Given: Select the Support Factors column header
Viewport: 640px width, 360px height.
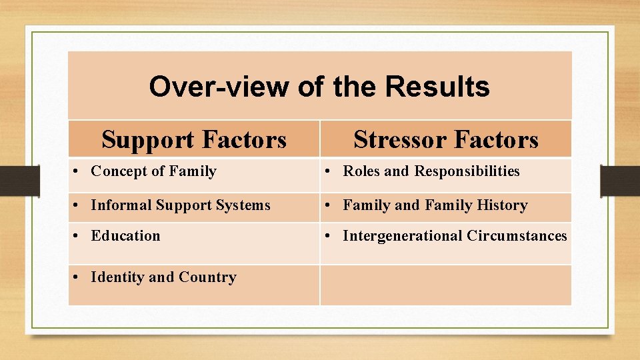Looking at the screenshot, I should [x=194, y=140].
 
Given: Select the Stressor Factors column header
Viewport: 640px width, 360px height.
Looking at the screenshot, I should [x=445, y=140].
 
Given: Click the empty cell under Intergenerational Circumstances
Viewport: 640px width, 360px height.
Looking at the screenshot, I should [x=445, y=285].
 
